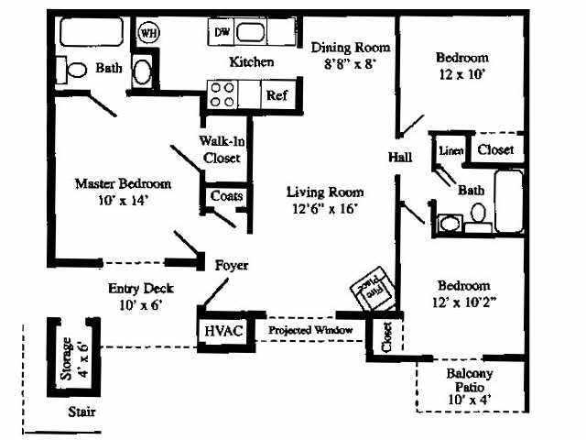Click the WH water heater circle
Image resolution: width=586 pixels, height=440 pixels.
(147, 32)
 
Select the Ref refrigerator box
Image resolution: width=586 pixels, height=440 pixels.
(276, 94)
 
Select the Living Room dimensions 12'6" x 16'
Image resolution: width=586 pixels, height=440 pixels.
(324, 208)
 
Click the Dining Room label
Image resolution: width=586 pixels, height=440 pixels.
(351, 47)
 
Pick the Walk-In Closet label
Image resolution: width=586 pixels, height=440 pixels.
(220, 148)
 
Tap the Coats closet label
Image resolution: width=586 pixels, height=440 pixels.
(225, 196)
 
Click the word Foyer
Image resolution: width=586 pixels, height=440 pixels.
(232, 265)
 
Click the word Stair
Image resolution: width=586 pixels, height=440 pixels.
(81, 412)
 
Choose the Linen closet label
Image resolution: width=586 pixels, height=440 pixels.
(450, 150)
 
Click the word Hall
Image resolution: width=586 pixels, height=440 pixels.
(400, 158)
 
